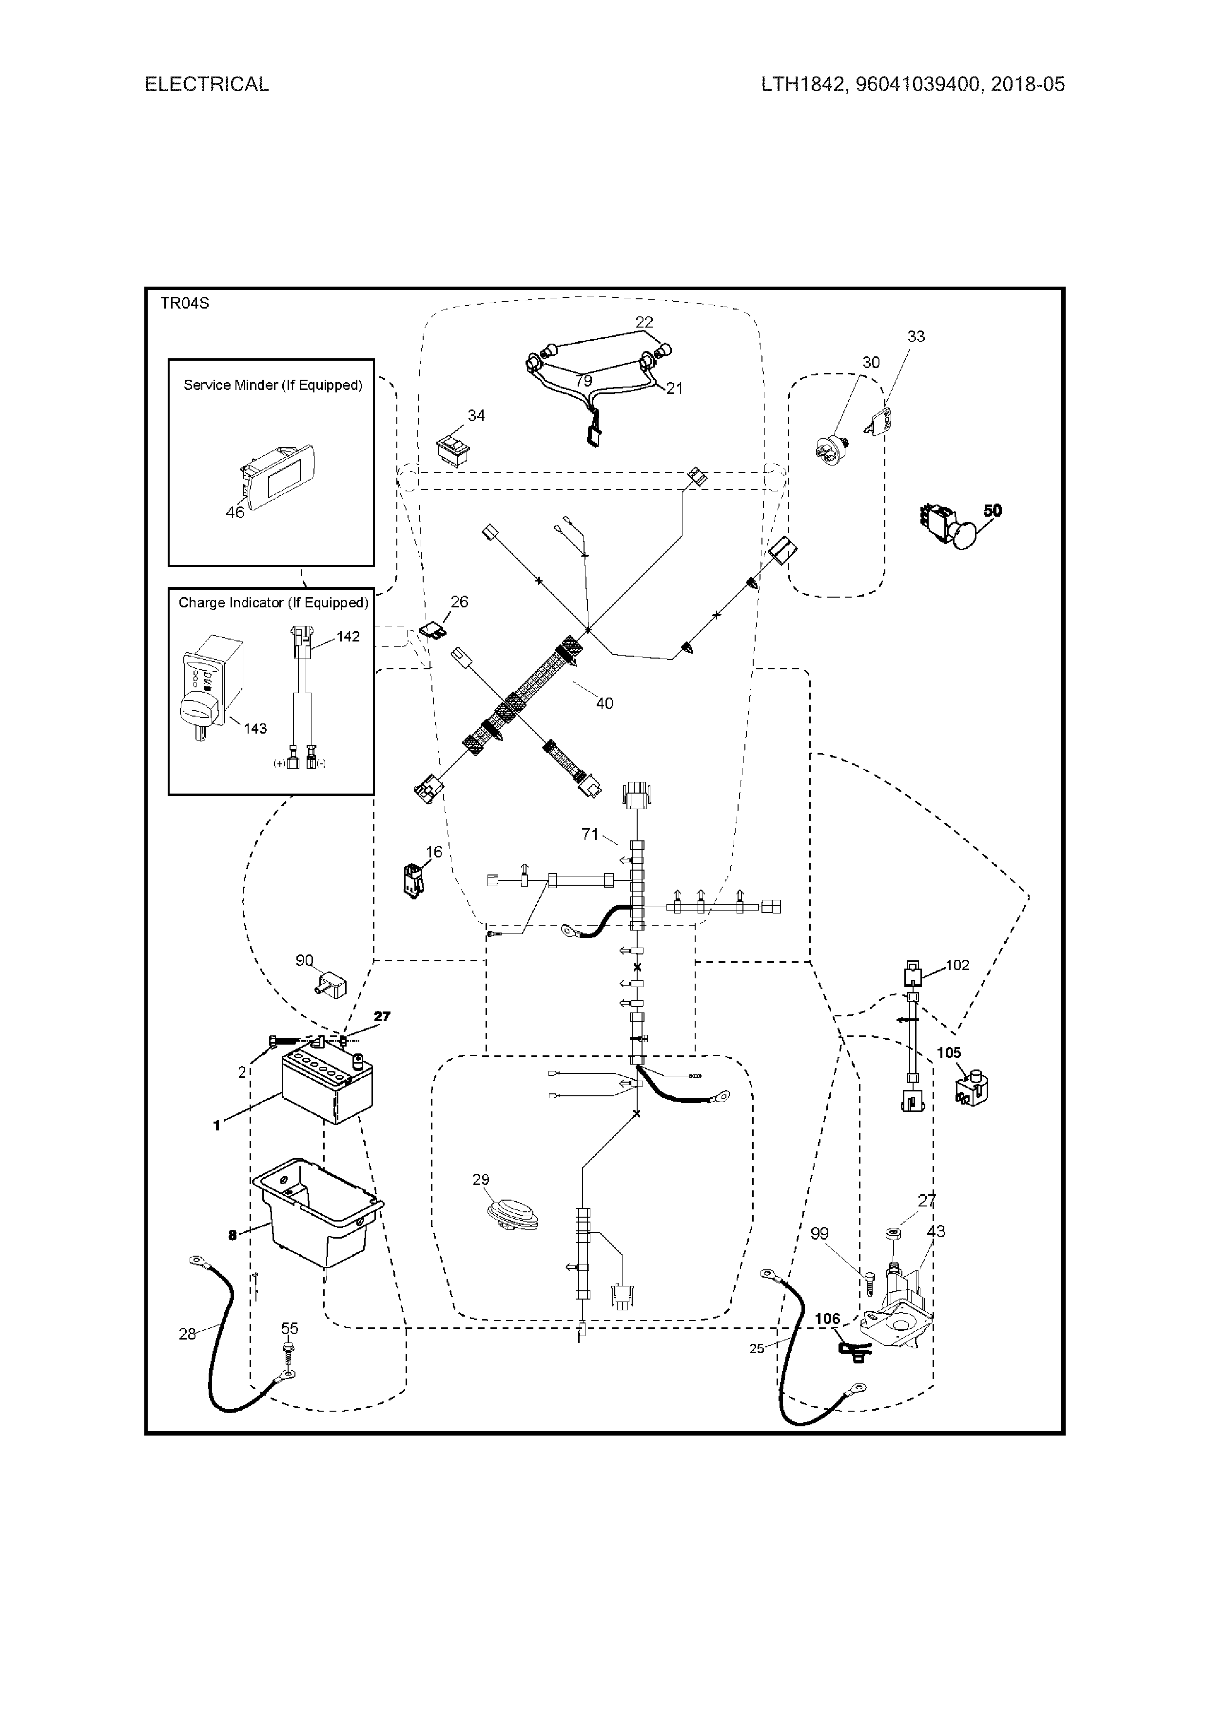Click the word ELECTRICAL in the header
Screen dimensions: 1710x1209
click(206, 84)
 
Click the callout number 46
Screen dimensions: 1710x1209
click(234, 512)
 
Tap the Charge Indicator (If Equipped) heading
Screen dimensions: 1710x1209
click(273, 602)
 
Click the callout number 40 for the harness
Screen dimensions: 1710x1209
click(604, 703)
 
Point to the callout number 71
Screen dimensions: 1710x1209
click(589, 834)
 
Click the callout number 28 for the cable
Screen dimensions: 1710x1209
click(187, 1334)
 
